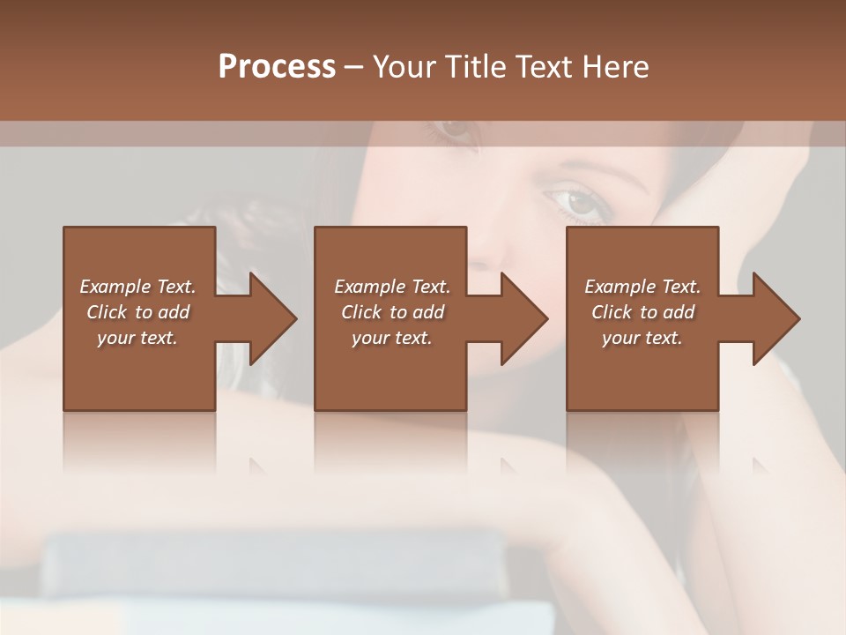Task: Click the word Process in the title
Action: tap(277, 66)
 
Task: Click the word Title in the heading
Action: tap(474, 66)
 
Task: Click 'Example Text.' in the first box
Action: tap(137, 287)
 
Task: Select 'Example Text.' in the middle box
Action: tap(392, 287)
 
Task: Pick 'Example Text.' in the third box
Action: tap(642, 287)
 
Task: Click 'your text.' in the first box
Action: tap(137, 338)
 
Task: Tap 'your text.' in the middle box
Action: tap(392, 338)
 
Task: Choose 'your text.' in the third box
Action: tap(642, 338)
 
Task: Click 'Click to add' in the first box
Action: tap(137, 312)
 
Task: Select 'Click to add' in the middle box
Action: tap(392, 312)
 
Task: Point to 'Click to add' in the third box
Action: tap(642, 312)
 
